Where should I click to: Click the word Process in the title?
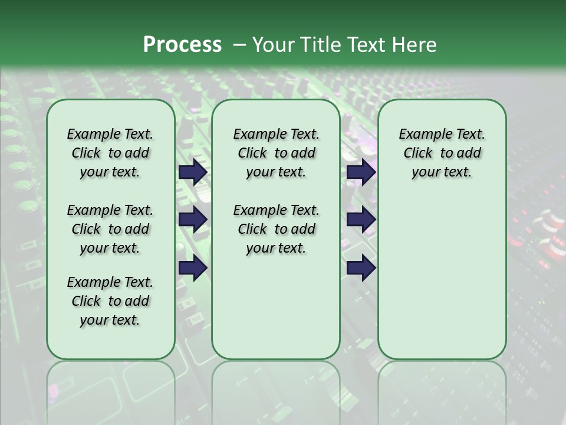point(182,45)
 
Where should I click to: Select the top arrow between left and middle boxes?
point(193,172)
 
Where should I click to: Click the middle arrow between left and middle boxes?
point(193,220)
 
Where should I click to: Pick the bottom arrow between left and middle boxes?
point(193,268)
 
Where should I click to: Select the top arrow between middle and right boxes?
point(361,172)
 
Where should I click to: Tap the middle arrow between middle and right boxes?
point(361,220)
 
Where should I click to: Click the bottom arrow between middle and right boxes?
point(361,268)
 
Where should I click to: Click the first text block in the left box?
point(110,153)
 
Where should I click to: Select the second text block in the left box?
point(110,229)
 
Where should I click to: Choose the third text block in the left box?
point(110,301)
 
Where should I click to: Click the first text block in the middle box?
point(276,153)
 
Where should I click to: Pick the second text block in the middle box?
point(276,229)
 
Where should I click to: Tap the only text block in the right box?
point(442,153)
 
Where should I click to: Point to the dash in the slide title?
point(239,45)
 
